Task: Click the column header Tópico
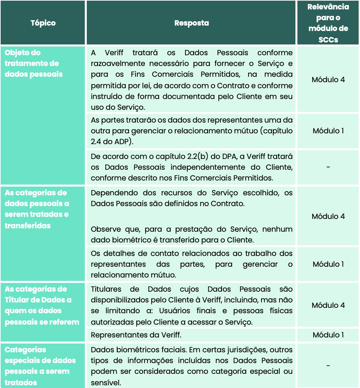[43, 23]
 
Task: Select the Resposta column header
[191, 23]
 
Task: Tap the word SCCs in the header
[328, 39]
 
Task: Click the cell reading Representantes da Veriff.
[136, 335]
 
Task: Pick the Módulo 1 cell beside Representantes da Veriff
[328, 335]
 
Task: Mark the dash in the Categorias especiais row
[328, 366]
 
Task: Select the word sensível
[105, 383]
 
